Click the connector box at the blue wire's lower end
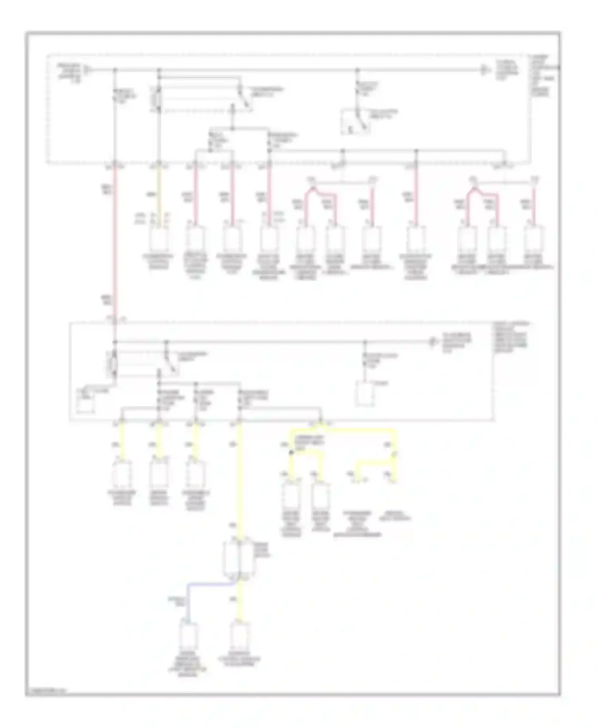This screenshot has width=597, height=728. click(187, 636)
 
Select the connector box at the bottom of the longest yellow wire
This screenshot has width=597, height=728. click(240, 636)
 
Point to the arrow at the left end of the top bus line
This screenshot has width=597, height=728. click(88, 70)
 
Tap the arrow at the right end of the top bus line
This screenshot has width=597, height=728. click(484, 70)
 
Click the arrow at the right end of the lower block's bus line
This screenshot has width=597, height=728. click(433, 342)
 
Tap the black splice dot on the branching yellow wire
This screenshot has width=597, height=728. click(292, 453)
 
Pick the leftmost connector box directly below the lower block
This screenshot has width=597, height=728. click(122, 475)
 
